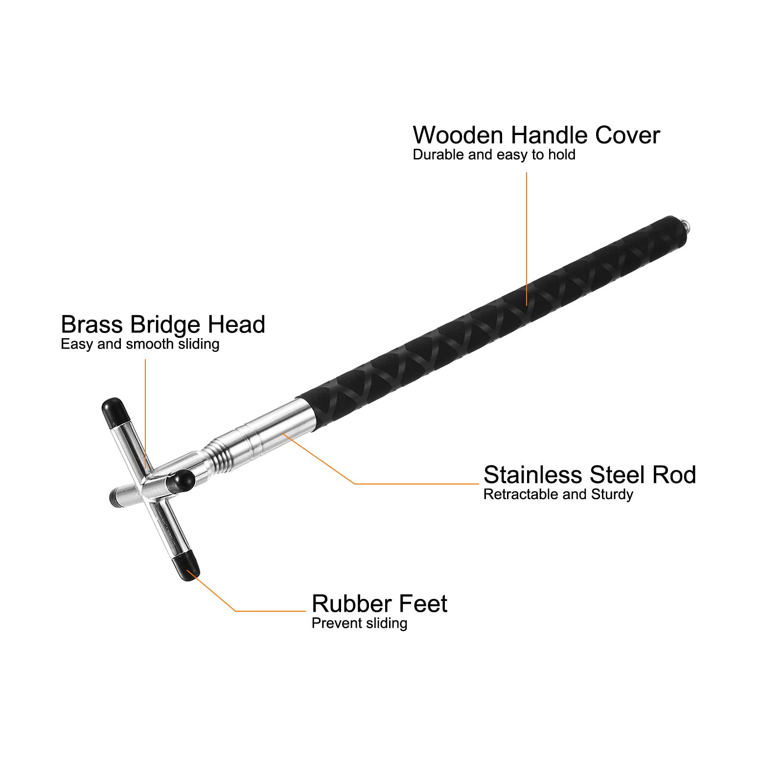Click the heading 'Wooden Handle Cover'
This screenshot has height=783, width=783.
(536, 135)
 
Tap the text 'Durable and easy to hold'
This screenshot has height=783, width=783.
(494, 155)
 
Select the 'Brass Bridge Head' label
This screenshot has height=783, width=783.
(163, 324)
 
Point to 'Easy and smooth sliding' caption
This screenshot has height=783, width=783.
(140, 344)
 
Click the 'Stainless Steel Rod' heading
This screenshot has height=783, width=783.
(589, 475)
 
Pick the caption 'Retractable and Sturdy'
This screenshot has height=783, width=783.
(558, 494)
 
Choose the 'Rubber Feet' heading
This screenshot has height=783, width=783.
(379, 603)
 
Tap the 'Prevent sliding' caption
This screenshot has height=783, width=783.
(359, 623)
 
